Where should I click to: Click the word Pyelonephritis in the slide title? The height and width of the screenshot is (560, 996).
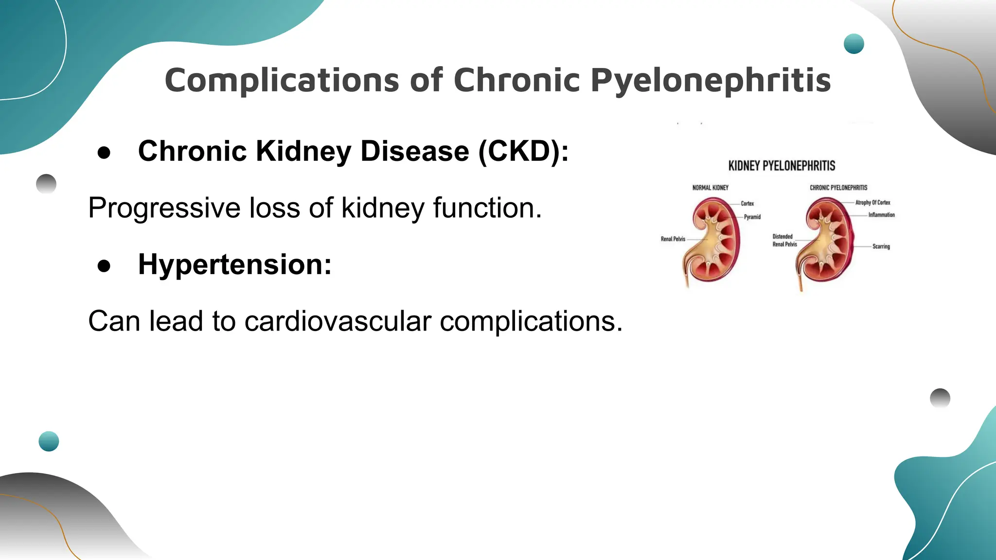[711, 81]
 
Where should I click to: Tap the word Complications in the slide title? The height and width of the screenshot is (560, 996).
[282, 81]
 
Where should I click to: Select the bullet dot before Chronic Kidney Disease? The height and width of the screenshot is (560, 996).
[104, 153]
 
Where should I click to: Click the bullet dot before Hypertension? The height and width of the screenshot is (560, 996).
[104, 266]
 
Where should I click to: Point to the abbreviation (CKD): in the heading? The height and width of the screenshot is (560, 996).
[523, 151]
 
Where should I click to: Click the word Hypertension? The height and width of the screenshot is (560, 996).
[235, 264]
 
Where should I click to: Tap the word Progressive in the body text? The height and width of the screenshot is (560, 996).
[164, 209]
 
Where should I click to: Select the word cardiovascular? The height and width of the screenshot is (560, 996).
[338, 321]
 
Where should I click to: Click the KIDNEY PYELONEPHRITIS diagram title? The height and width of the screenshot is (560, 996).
[782, 166]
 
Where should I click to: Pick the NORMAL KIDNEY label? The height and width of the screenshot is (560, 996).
[710, 188]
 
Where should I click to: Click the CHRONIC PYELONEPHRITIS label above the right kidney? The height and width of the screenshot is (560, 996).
[838, 188]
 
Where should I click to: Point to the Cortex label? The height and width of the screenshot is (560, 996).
[747, 204]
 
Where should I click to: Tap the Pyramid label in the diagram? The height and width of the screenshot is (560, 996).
[752, 217]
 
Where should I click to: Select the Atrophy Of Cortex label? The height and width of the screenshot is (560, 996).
[872, 203]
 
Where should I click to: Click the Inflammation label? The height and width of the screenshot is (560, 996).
[881, 215]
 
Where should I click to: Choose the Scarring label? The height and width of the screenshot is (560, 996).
[881, 246]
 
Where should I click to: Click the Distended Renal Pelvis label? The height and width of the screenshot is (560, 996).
[784, 240]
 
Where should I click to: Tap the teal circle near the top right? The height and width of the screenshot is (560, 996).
[854, 44]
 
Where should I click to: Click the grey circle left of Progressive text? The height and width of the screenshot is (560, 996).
[46, 184]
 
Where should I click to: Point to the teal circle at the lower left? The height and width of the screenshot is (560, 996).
[49, 441]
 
